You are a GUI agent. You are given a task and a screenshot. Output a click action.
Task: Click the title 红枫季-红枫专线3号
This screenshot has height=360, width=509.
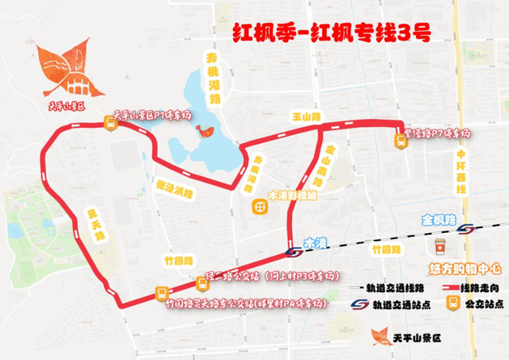332,33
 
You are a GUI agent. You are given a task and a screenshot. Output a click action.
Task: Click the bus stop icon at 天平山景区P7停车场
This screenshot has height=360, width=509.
111,122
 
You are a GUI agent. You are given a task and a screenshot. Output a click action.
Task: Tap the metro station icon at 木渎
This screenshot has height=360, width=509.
293,251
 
